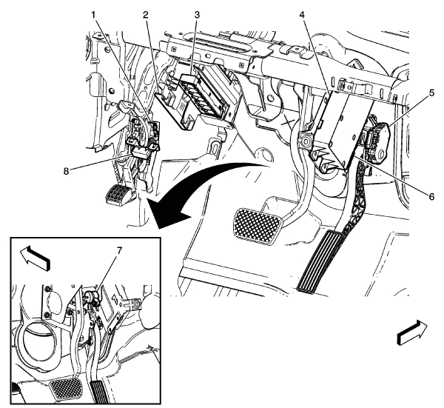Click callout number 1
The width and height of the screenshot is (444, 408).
coord(93,16)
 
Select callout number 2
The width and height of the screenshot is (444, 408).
coord(146,16)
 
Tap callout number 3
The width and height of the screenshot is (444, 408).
coord(197,16)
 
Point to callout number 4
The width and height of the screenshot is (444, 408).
coord(303,16)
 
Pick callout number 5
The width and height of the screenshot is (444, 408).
coord(431,93)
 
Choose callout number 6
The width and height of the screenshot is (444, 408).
coord(431,196)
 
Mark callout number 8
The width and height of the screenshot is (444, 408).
coord(66,171)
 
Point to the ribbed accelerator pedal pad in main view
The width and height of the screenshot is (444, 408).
coord(320,261)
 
